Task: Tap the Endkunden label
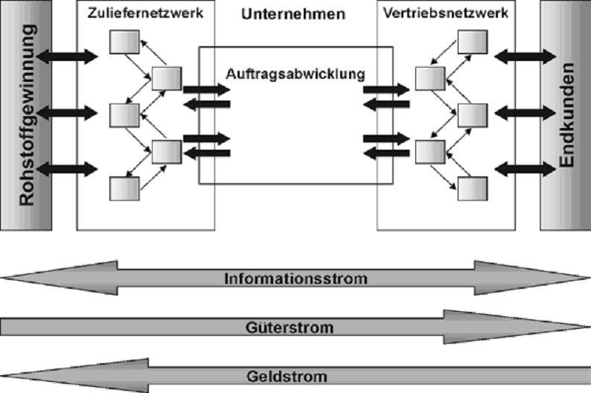[568, 115]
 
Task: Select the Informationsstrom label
[295, 280]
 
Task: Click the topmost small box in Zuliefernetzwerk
[124, 42]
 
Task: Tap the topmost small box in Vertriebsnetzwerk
[472, 42]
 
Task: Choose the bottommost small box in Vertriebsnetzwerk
[472, 188]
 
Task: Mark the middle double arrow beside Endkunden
[525, 112]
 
